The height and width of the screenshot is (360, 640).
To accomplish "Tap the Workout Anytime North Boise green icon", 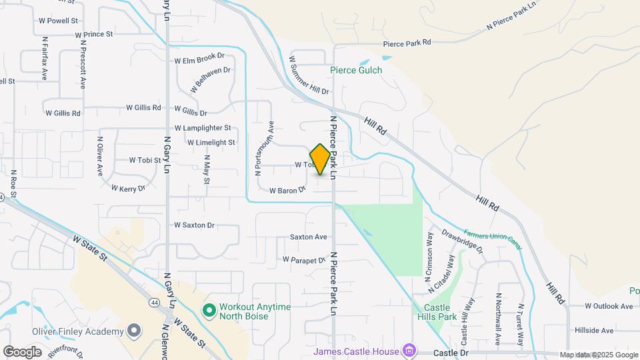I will click(x=209, y=310).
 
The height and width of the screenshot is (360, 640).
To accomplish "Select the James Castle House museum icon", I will click(x=409, y=351).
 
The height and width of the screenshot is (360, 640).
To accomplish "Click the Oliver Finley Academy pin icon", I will click(x=134, y=331).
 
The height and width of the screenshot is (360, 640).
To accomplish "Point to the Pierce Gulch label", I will click(x=356, y=70).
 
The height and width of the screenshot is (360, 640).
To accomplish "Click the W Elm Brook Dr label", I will click(x=199, y=59).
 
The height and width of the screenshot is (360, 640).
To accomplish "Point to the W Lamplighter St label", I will click(x=203, y=127).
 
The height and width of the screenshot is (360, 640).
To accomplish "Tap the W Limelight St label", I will click(x=211, y=142).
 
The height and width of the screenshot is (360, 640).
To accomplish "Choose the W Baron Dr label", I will click(x=287, y=190).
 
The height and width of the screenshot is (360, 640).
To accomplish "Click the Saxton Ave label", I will click(x=309, y=237).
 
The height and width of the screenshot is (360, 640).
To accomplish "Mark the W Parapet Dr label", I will click(x=303, y=259).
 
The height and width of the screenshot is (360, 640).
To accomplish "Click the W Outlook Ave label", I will click(x=609, y=306).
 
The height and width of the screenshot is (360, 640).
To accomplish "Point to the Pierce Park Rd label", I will click(x=407, y=43).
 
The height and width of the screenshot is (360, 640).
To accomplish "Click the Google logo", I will click(x=22, y=351).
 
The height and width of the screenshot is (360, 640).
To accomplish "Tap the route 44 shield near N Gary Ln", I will click(x=154, y=301).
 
